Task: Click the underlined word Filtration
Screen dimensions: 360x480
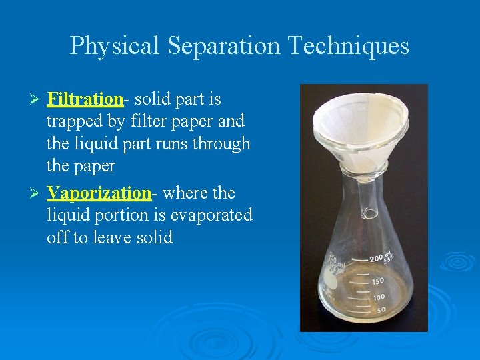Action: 85,99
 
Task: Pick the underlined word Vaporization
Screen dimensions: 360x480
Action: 99,193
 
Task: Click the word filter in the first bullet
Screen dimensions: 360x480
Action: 150,121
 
